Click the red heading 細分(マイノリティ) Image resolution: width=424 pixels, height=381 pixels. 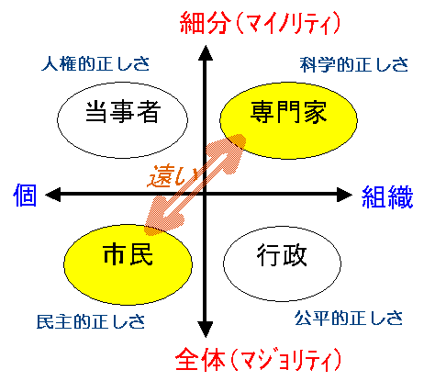coord(260,23)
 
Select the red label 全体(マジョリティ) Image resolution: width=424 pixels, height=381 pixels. coord(258,359)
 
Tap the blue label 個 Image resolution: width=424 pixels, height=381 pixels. coord(25,195)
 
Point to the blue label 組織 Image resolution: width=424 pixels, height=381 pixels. coord(387,196)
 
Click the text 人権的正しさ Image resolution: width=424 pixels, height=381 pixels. coord(95,63)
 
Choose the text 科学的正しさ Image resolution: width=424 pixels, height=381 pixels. coord(354,64)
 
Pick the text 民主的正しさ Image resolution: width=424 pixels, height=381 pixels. coord(91,321)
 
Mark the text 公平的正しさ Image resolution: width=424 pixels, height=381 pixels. coord(349,318)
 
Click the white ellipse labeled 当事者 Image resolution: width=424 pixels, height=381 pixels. coord(122,120)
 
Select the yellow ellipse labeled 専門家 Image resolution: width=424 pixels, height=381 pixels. coord(288,120)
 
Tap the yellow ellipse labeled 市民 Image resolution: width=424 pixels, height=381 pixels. coord(128,264)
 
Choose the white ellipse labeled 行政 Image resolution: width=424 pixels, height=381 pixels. coord(282,263)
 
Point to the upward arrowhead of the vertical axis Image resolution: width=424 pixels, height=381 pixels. coord(206,52)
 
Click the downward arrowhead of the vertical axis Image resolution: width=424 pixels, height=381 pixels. coord(206,330)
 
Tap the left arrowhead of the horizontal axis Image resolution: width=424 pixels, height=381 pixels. coord(53,195)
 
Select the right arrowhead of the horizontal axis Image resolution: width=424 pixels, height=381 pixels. coord(345,195)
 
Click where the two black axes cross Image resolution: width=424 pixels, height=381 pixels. coord(206,194)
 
